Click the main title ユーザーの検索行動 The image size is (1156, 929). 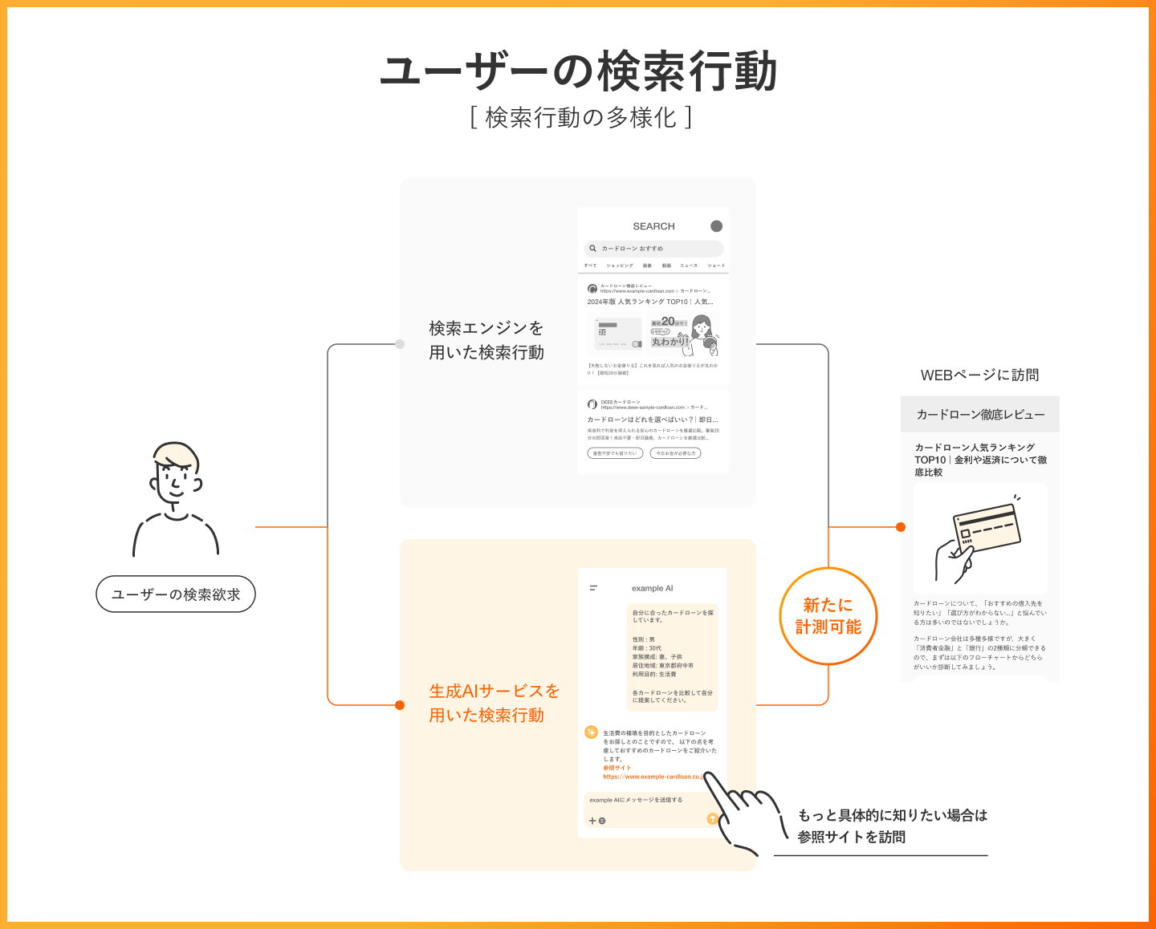[578, 71]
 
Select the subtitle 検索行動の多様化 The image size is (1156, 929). [580, 117]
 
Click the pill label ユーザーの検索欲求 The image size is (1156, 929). [176, 594]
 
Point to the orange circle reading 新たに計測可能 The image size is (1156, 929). [828, 616]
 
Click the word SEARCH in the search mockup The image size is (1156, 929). [653, 226]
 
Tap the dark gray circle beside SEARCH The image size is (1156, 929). [716, 226]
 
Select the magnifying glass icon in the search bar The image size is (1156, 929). [593, 249]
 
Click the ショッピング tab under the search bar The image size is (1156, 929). [620, 266]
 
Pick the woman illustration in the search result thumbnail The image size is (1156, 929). [702, 334]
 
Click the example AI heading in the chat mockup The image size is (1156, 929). [652, 588]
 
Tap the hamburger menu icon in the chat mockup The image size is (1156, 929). [593, 588]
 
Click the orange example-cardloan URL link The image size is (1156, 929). [653, 777]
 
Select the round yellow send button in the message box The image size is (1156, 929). [712, 818]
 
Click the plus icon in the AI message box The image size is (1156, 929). [592, 821]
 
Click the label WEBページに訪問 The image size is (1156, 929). [979, 375]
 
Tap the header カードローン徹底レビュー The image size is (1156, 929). [980, 415]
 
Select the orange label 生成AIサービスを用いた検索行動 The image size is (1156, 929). [494, 703]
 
